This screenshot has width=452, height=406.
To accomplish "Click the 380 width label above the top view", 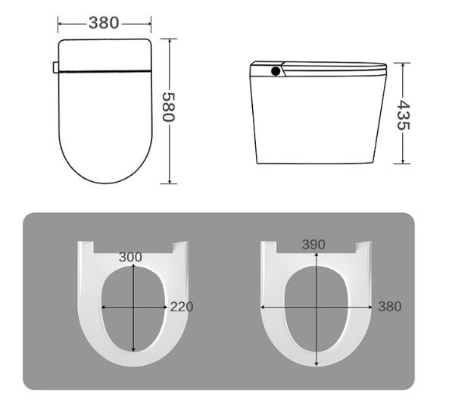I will [x=104, y=23].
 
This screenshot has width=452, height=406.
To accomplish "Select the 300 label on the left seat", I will [x=130, y=258].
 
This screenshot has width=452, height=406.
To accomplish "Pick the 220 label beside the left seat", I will [x=182, y=307].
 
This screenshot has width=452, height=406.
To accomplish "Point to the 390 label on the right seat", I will [x=314, y=245].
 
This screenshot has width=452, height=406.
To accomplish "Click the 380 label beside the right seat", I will [x=390, y=307].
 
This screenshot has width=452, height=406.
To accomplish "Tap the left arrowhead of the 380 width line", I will [x=61, y=23].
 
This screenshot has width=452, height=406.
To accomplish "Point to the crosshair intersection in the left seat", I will [x=134, y=307].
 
